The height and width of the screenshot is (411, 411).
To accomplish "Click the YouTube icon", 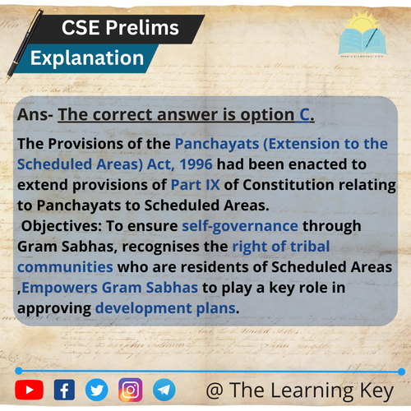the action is point(30,390).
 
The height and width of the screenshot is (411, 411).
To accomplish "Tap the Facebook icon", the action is point(64,390).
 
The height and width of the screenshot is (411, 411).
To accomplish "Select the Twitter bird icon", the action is point(97,390).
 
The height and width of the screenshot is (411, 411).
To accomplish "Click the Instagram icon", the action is point(131,390).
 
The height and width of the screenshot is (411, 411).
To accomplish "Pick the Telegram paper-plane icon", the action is point(164,390).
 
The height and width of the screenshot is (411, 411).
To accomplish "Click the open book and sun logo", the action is point(363,35).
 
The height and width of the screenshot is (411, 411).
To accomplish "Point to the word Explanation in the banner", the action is point(87,58).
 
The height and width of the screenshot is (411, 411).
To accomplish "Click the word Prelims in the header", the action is point(142,28).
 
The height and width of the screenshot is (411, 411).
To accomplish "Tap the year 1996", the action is point(196,164).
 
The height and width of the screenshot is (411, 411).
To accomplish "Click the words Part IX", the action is point(195,185).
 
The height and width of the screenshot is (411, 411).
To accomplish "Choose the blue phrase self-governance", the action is point(240,226).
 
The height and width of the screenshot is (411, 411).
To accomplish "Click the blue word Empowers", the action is point(60,288).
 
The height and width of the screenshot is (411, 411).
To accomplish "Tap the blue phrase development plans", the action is point(165,308).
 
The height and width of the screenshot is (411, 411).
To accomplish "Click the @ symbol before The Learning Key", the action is point(215,390).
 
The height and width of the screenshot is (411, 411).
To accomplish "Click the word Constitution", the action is point(289,185).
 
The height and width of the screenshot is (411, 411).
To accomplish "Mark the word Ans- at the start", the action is point(35,114).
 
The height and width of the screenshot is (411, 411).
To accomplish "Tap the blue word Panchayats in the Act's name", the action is point(217,144).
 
